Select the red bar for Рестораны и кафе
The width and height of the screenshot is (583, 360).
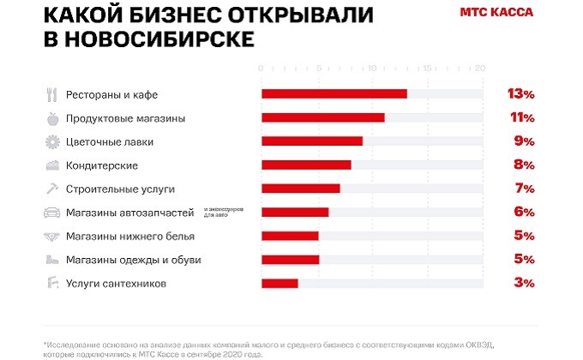(334, 93)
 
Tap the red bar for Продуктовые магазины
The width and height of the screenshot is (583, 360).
(322, 117)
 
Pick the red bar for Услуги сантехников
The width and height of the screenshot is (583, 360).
(279, 283)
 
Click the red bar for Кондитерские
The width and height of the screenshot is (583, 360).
(306, 165)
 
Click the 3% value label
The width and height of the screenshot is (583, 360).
(524, 283)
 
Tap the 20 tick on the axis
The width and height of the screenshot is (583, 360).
(480, 68)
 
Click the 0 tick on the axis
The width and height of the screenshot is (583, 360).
(261, 68)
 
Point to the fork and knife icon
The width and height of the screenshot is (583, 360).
(51, 94)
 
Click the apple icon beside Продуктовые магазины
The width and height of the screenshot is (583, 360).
(51, 118)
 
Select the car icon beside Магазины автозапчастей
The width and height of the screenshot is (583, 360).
(51, 213)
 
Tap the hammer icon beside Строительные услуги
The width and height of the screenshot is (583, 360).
(51, 189)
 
